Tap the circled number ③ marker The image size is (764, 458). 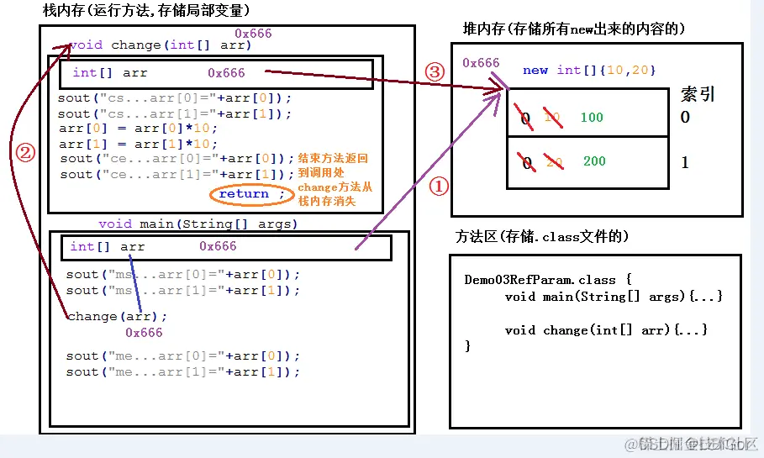[435, 71]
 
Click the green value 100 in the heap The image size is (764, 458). [592, 118]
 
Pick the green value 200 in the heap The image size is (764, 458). [594, 161]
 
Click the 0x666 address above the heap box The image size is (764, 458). [481, 63]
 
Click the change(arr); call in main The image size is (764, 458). [117, 317]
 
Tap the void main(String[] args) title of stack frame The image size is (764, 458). [198, 224]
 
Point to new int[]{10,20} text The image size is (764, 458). [588, 71]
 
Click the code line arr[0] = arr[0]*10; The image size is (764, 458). [139, 129]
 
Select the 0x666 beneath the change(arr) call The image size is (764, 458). [144, 333]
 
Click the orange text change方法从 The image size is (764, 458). [335, 187]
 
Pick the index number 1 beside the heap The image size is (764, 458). [685, 162]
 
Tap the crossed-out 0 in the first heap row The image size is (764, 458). [526, 119]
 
